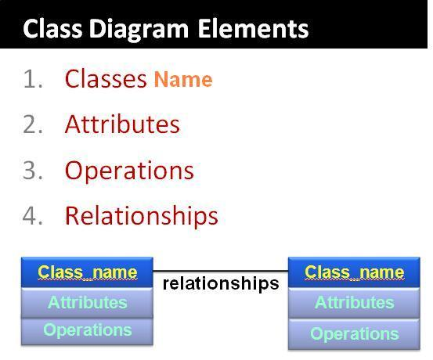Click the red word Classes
point(106,79)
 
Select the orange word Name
point(182,80)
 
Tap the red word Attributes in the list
point(122,124)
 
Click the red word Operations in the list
point(129,171)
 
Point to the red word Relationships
point(141,216)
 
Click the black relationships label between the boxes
point(220,283)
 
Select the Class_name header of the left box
point(87,272)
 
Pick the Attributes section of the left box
point(87,302)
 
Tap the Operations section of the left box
point(87,330)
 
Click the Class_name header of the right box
point(354,272)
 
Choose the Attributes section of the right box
point(354,303)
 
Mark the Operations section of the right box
point(354,334)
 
